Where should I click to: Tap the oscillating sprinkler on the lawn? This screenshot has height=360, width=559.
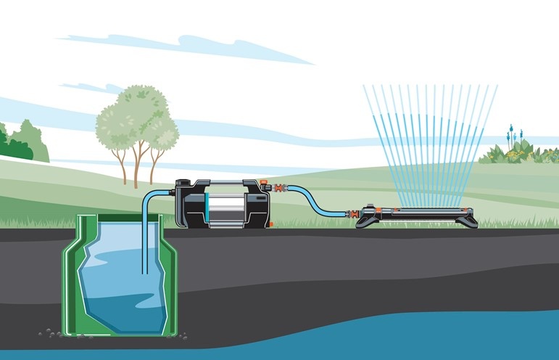[x=417, y=217]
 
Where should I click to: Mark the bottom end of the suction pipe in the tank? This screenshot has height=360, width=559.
[x=145, y=273]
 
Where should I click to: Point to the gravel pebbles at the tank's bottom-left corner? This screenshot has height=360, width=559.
[x=51, y=333]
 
